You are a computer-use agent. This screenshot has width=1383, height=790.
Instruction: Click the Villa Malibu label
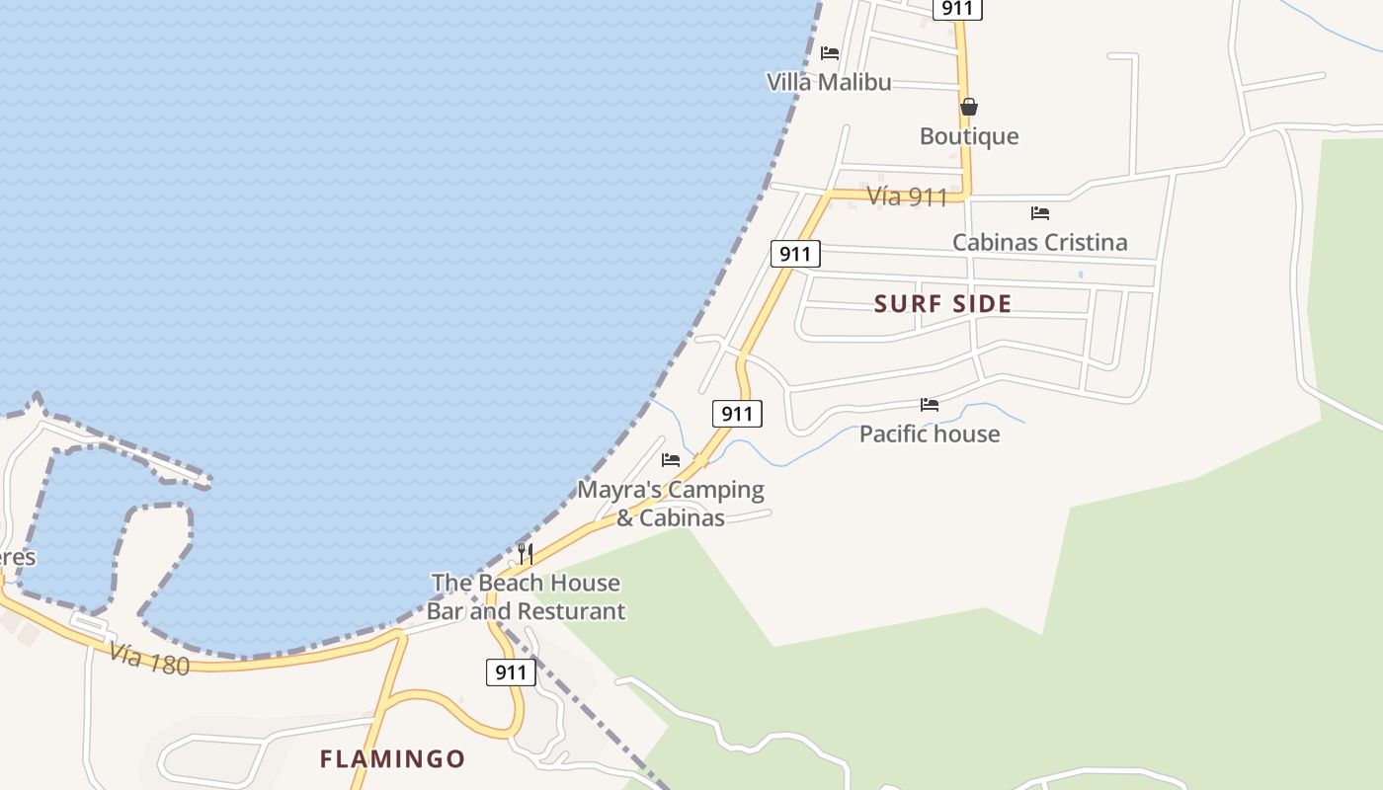[x=829, y=82]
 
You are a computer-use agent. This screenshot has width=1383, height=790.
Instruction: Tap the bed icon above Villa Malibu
[x=830, y=53]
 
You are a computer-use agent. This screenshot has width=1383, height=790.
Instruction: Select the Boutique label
[x=968, y=136]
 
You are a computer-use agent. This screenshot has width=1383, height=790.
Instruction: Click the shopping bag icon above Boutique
[x=969, y=107]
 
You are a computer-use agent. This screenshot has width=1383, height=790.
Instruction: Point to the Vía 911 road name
[x=907, y=197]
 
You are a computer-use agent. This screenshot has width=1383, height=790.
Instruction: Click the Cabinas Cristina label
[x=1039, y=242]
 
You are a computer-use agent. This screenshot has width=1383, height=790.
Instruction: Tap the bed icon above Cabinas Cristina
[x=1039, y=212]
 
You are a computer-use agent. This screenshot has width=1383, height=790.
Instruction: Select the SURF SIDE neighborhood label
[x=942, y=304]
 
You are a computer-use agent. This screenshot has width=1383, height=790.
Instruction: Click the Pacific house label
[x=929, y=434]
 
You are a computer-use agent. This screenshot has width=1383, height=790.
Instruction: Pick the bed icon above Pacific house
[x=929, y=404]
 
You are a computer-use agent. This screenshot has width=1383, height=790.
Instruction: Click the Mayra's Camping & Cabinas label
[x=671, y=504]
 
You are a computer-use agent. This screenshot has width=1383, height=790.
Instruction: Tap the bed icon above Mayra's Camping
[x=671, y=460]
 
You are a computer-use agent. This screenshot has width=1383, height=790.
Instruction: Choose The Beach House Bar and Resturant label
[x=526, y=596]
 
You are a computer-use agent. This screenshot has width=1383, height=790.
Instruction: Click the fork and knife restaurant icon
[x=526, y=553]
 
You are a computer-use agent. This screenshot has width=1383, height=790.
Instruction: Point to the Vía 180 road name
[x=149, y=659]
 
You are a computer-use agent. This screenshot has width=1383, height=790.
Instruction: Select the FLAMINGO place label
[x=392, y=758]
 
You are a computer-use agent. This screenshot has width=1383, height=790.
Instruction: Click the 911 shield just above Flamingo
[x=511, y=672]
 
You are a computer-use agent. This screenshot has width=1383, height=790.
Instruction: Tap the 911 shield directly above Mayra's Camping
[x=737, y=414]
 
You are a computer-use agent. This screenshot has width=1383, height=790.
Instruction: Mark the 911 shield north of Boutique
[x=956, y=9]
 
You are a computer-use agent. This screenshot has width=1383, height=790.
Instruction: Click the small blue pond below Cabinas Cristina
[x=1080, y=275]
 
